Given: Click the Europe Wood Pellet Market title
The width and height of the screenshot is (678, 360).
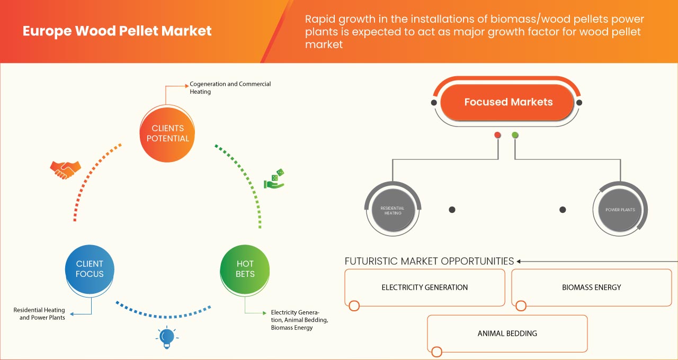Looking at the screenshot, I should [x=117, y=31].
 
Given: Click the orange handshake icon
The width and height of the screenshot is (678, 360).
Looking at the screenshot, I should [x=65, y=169].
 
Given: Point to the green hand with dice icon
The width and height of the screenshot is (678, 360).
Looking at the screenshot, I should [x=274, y=179].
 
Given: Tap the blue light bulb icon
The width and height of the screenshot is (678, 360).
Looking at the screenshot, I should [x=167, y=337].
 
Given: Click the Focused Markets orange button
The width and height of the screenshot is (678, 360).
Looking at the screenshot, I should [x=508, y=102].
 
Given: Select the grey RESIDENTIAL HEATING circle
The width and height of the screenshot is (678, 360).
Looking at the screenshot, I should [x=392, y=210].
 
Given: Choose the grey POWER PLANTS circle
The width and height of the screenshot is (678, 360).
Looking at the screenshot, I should [x=620, y=210].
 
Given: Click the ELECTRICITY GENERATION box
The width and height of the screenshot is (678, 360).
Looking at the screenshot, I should [x=424, y=287].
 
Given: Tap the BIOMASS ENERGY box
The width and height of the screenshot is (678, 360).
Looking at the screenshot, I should [x=591, y=287].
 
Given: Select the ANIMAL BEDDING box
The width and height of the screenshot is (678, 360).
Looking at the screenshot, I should [x=507, y=334].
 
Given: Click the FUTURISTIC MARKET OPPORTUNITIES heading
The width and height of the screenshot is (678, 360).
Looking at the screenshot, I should [x=429, y=261].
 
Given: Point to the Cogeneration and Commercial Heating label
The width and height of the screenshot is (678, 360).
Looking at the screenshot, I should [x=230, y=88].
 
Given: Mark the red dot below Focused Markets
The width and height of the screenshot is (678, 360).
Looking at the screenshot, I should [x=497, y=135].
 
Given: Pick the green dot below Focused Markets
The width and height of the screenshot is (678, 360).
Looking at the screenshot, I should [x=515, y=135].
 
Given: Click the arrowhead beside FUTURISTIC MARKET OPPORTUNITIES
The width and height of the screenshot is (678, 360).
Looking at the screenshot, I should [x=519, y=261].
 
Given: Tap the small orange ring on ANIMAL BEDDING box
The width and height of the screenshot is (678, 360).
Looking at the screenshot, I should [x=436, y=352].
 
